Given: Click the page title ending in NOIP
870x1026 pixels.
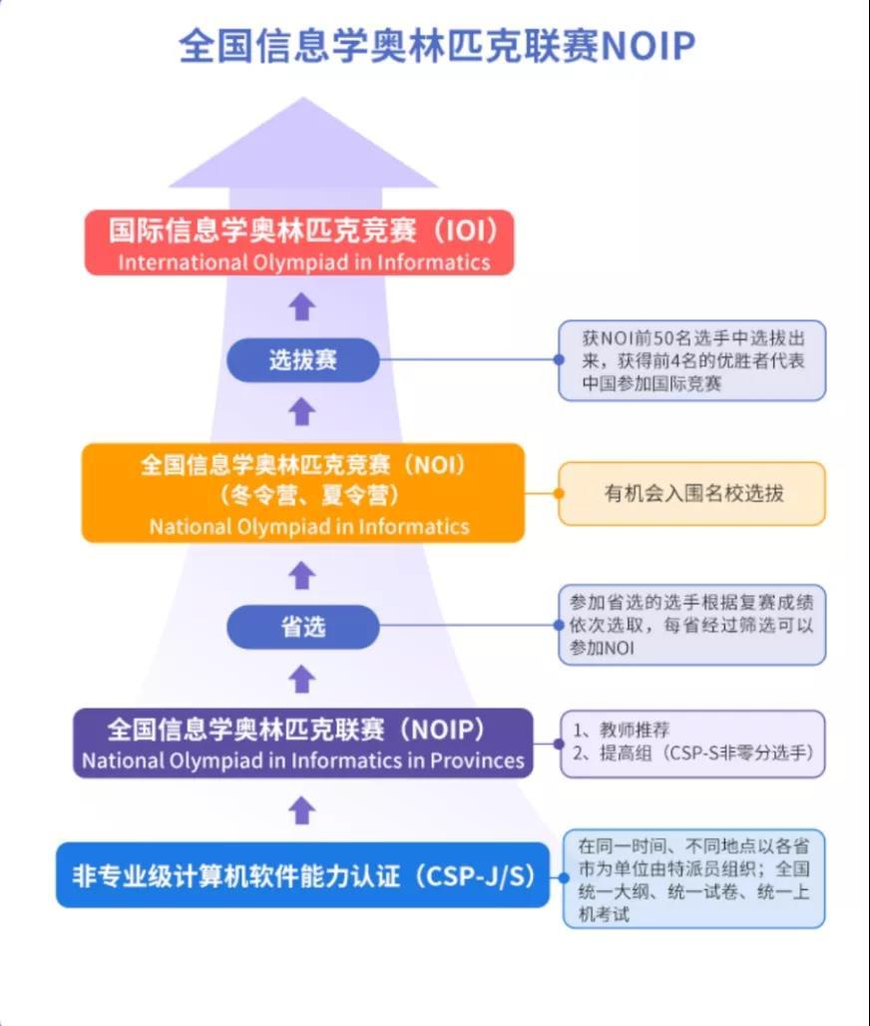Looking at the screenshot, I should click(x=436, y=46).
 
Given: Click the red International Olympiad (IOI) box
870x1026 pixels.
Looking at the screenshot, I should click(x=300, y=242).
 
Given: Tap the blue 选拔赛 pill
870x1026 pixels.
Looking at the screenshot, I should click(x=303, y=359).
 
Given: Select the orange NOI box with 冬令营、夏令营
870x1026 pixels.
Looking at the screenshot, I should click(x=302, y=493).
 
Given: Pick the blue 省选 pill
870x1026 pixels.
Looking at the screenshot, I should click(x=303, y=627).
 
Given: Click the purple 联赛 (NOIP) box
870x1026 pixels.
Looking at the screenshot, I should click(x=302, y=743).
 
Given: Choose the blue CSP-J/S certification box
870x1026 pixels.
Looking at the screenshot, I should click(x=302, y=875).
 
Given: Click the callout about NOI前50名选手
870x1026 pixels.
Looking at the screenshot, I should click(x=692, y=359).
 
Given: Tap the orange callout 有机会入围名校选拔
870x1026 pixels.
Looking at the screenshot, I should click(x=692, y=493).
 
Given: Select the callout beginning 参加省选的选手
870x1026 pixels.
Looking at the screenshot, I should click(x=692, y=625).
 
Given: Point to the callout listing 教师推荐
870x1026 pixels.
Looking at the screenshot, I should click(x=692, y=744).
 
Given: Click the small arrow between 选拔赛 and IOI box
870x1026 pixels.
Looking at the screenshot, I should click(x=302, y=306).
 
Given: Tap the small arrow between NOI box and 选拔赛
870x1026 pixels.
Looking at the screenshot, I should click(x=302, y=410).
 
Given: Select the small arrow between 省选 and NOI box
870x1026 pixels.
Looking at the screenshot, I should click(x=302, y=575).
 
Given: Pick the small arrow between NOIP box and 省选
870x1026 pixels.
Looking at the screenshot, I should click(x=302, y=680).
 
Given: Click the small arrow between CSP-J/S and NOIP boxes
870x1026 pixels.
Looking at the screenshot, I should click(x=302, y=810).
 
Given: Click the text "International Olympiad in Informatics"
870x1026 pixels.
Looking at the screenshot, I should click(x=304, y=262).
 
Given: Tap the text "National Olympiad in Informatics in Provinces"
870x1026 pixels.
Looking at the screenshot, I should click(x=302, y=761).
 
